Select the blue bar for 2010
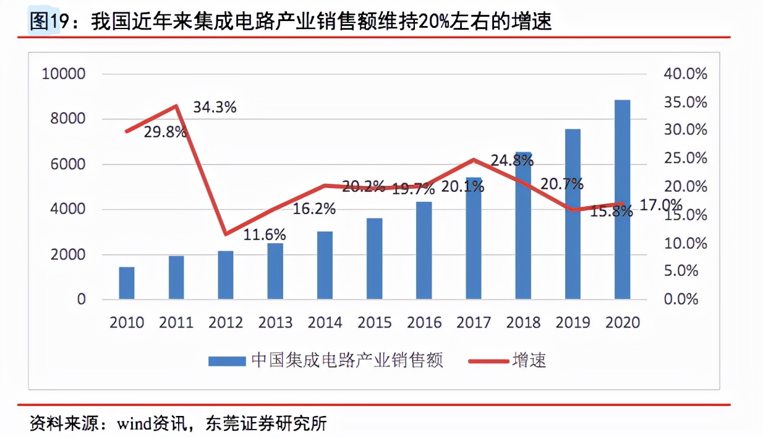point(127,283)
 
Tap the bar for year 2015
point(374,259)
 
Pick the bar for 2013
point(275,272)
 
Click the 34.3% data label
point(215,107)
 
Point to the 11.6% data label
point(264,235)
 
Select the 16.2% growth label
point(314,209)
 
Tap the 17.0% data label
point(660,205)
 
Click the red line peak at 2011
point(177,106)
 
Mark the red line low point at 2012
point(226,234)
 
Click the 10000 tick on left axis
point(63,74)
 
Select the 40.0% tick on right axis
point(685,74)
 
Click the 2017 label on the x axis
point(473,322)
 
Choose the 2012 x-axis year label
point(226,322)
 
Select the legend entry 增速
point(529,360)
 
